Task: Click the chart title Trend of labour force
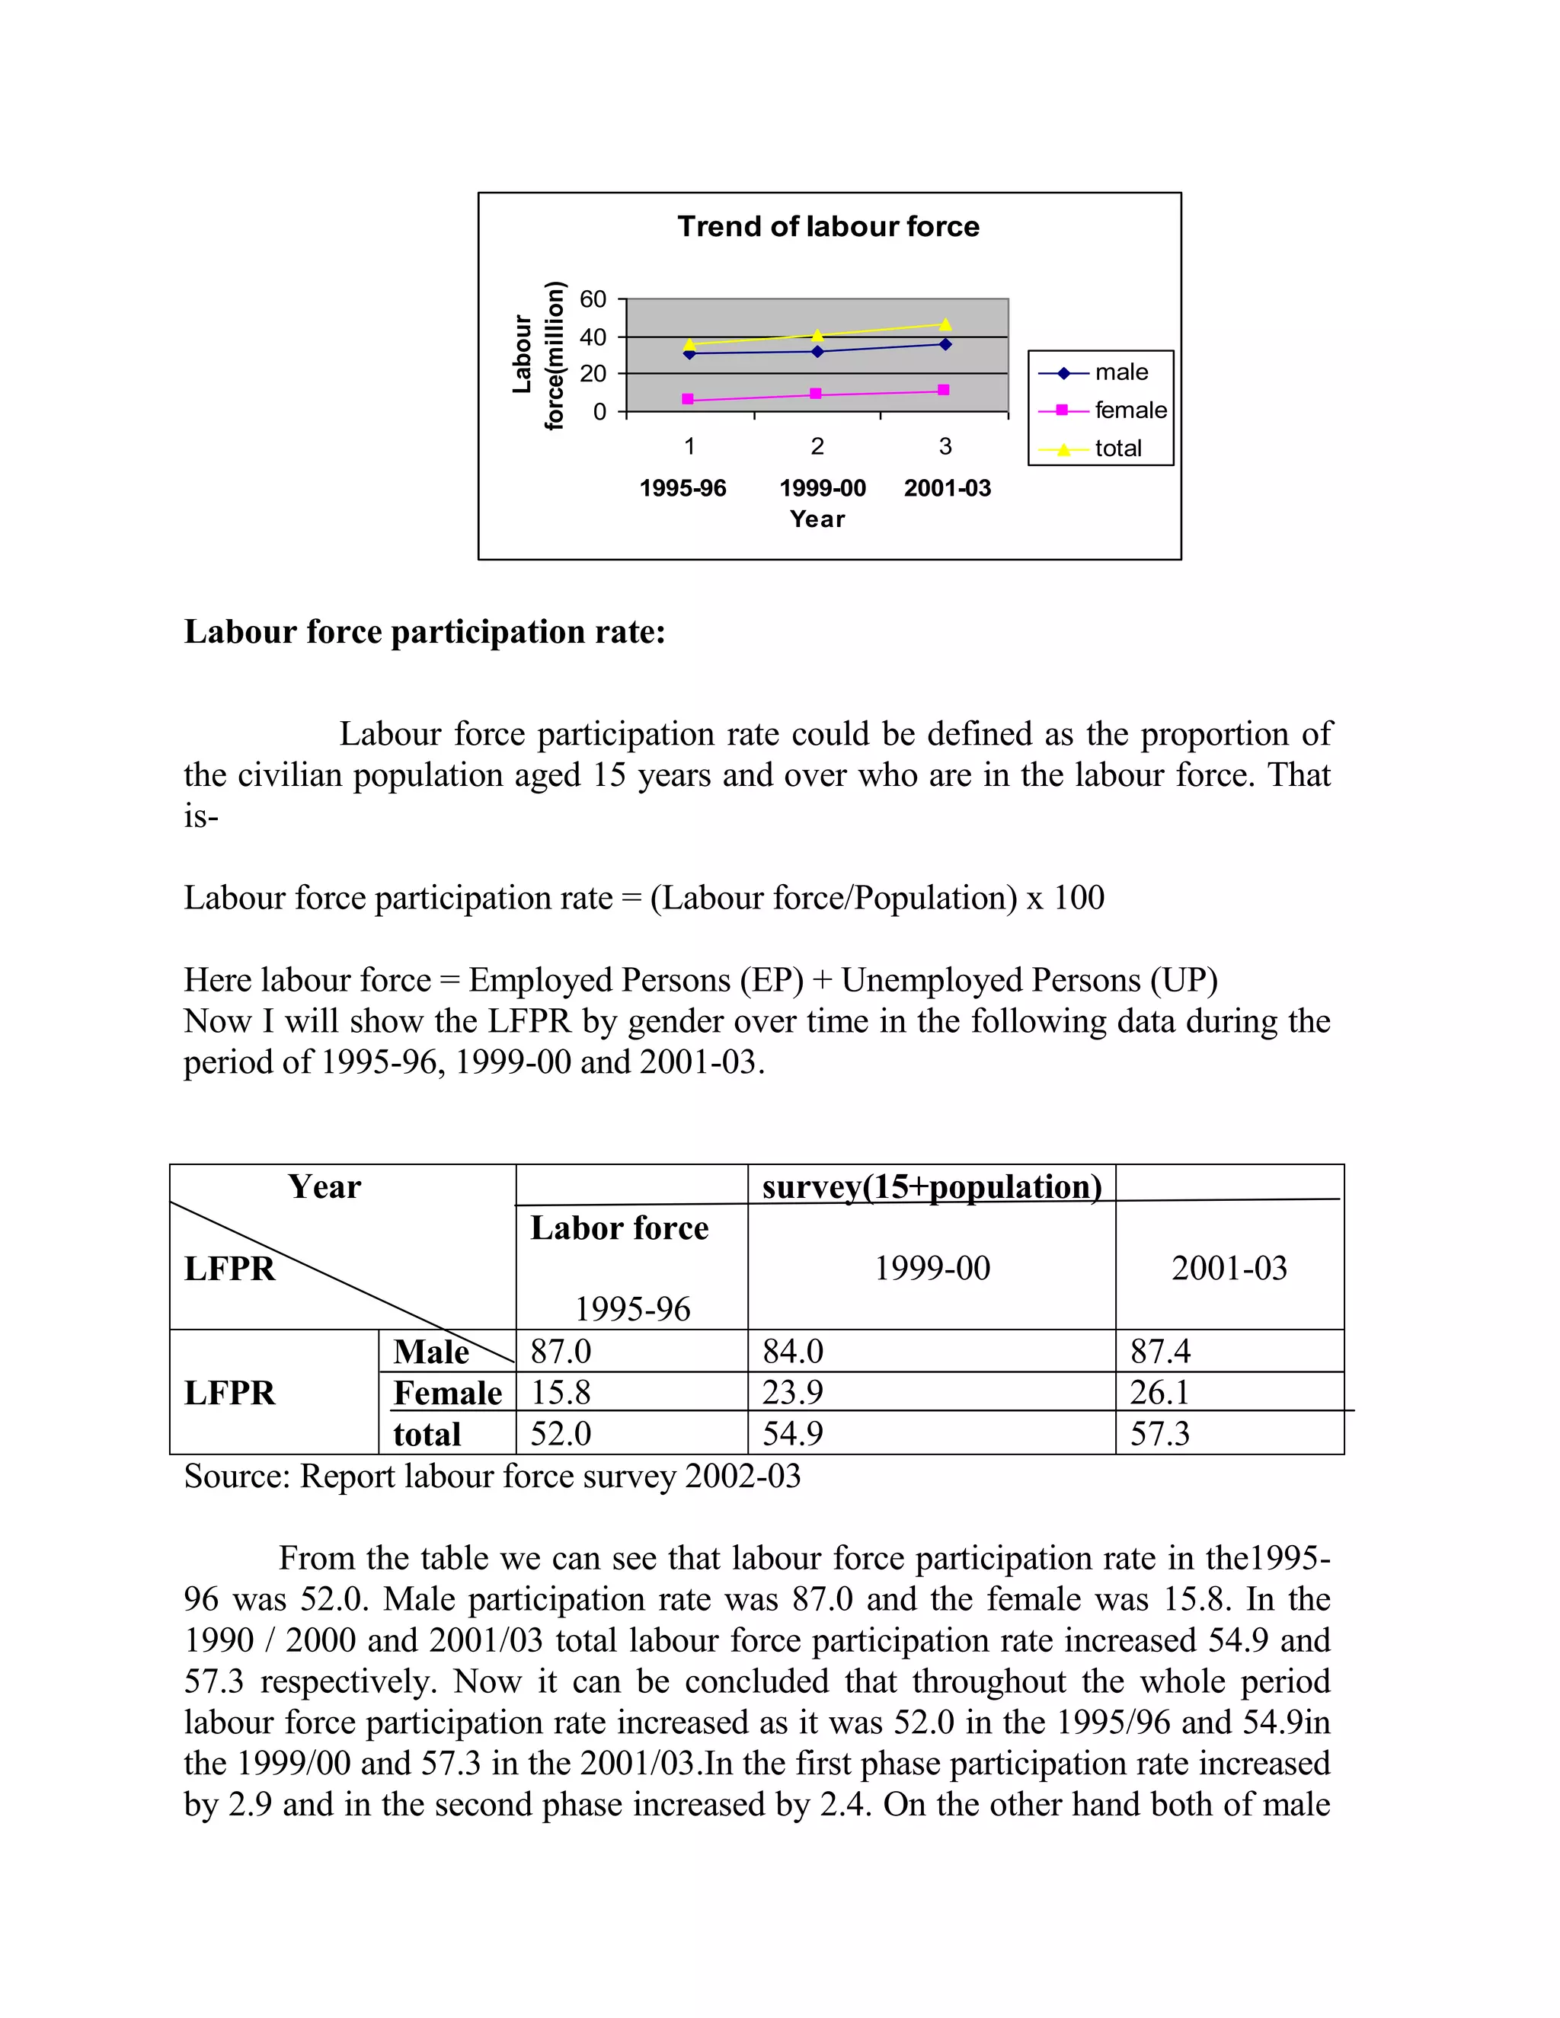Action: pos(828,226)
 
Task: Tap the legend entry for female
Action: pos(1130,410)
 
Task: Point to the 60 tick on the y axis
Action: pos(593,299)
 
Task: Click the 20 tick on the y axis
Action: pos(593,373)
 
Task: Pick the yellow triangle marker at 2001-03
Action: pos(945,324)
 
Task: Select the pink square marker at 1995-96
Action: pos(688,399)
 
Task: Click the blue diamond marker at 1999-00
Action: pos(817,351)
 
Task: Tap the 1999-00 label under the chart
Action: pos(823,488)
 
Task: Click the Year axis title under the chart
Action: pos(817,519)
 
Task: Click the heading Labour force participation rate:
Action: pos(424,632)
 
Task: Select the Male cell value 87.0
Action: pos(560,1351)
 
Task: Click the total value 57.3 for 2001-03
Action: pos(1160,1433)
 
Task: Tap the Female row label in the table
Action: pos(447,1393)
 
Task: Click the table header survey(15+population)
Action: pos(932,1186)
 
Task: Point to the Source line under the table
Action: pos(491,1476)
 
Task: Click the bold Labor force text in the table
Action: pos(619,1228)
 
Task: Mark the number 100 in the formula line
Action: pos(1079,897)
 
